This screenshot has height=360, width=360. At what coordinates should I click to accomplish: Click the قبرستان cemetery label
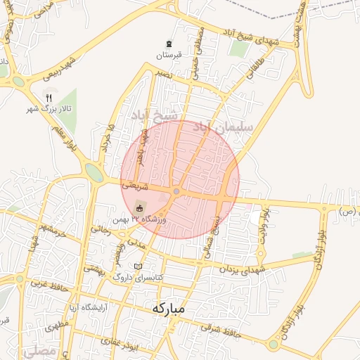169,55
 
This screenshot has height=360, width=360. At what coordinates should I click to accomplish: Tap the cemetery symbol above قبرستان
169,44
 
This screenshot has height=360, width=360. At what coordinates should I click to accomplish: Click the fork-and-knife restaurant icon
48,98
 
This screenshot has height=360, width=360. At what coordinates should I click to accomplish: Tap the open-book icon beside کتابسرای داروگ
138,266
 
